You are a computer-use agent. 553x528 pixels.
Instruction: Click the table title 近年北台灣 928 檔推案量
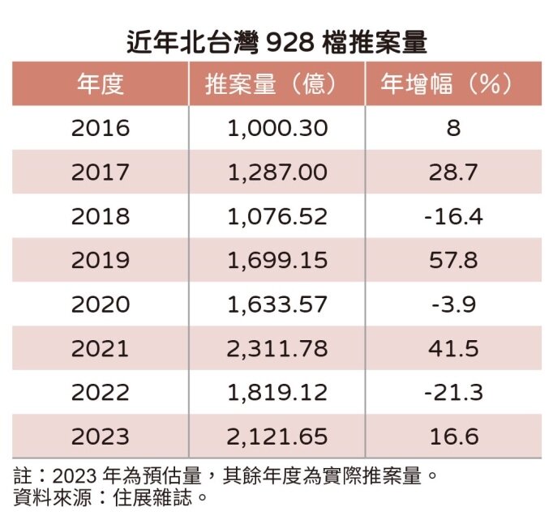(276, 40)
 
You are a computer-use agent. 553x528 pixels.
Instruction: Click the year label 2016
(100, 129)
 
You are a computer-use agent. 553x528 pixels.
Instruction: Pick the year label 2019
(100, 260)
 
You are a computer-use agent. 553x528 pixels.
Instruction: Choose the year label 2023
(100, 436)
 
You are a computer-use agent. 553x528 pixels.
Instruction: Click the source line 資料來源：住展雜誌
(105, 496)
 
